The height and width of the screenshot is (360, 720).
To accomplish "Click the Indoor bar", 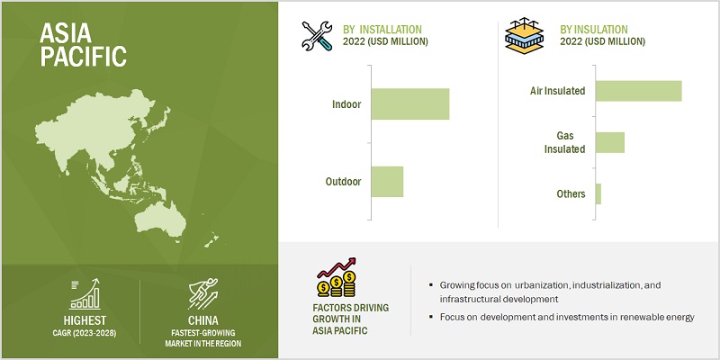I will pyautogui.click(x=409, y=104).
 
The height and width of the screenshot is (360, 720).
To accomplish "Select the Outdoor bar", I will pyautogui.click(x=387, y=182).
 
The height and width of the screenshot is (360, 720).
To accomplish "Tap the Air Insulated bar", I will pyautogui.click(x=638, y=91).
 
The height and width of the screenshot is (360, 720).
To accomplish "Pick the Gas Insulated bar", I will pyautogui.click(x=609, y=142).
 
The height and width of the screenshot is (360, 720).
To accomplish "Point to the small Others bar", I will pyautogui.click(x=598, y=193).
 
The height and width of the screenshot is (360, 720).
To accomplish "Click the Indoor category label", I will pyautogui.click(x=346, y=104).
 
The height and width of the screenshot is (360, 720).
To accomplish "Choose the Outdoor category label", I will pyautogui.click(x=343, y=182).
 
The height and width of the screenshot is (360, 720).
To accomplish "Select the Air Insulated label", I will pyautogui.click(x=558, y=91).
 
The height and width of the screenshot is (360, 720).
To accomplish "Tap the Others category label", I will pyautogui.click(x=571, y=193).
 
